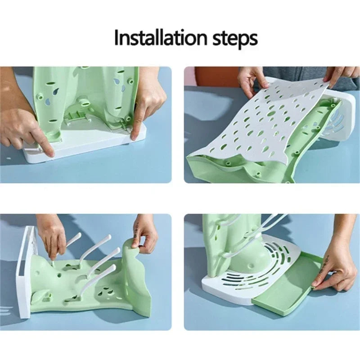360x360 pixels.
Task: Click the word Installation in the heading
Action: click(x=160, y=37)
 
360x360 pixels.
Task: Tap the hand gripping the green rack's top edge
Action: click(x=145, y=234)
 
